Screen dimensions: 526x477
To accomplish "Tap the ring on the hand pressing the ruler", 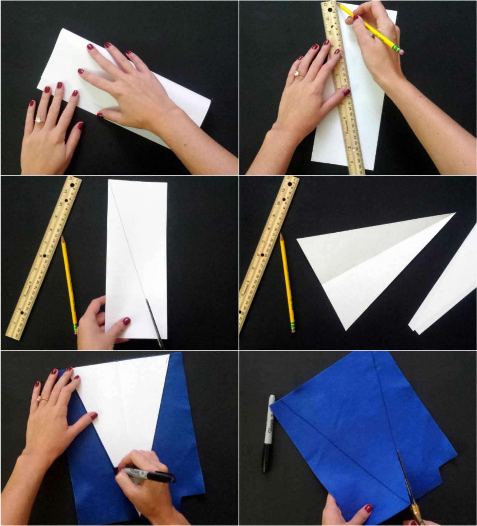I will pyautogui.click(x=297, y=74).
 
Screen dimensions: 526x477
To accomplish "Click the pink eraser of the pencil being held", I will pyautogui.click(x=401, y=52).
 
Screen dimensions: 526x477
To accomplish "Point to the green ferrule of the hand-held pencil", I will pyautogui.click(x=395, y=47).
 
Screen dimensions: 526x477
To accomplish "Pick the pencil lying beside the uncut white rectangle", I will pyautogui.click(x=69, y=284).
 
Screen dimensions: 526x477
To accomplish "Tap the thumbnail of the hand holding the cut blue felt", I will pyautogui.click(x=368, y=508).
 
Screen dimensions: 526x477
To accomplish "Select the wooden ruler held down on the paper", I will pyautogui.click(x=343, y=86).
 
